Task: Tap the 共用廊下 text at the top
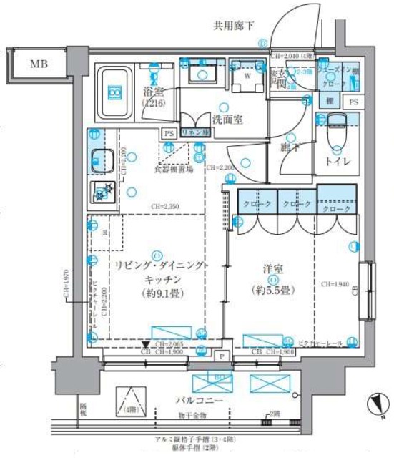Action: (234, 26)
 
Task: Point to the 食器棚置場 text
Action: (173, 171)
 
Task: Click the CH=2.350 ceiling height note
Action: (165, 207)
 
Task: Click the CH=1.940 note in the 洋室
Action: (335, 284)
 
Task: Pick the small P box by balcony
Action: (222, 356)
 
